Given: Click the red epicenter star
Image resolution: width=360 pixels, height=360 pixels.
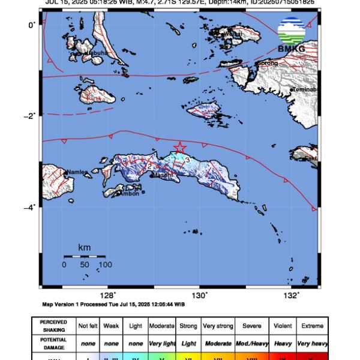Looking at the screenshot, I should [179, 148].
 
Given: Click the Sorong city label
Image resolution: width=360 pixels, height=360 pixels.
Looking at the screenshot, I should [268, 63].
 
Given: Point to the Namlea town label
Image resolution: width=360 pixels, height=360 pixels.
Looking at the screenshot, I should [77, 172].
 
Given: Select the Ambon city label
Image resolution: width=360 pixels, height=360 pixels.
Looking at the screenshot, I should [130, 193].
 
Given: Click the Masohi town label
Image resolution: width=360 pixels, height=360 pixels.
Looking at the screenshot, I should [163, 175].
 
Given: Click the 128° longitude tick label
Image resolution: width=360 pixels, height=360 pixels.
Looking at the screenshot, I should [108, 295].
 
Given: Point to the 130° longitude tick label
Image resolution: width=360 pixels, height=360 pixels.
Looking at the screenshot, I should [199, 295].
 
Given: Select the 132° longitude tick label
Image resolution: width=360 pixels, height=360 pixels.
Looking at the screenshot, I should [291, 295].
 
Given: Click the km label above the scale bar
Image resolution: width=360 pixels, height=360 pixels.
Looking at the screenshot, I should [85, 248].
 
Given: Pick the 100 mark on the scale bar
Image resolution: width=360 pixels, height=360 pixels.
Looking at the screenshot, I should [105, 265].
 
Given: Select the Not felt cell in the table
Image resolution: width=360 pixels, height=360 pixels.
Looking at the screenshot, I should [88, 326].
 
